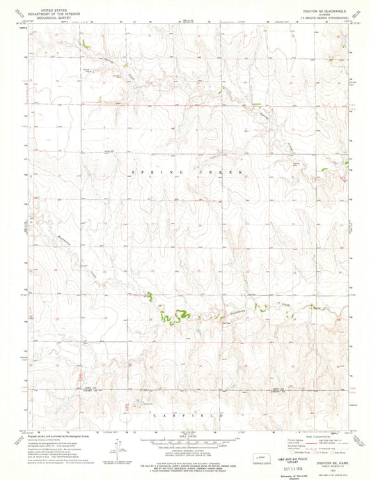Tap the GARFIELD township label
184,414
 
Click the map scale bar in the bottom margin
184,440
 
